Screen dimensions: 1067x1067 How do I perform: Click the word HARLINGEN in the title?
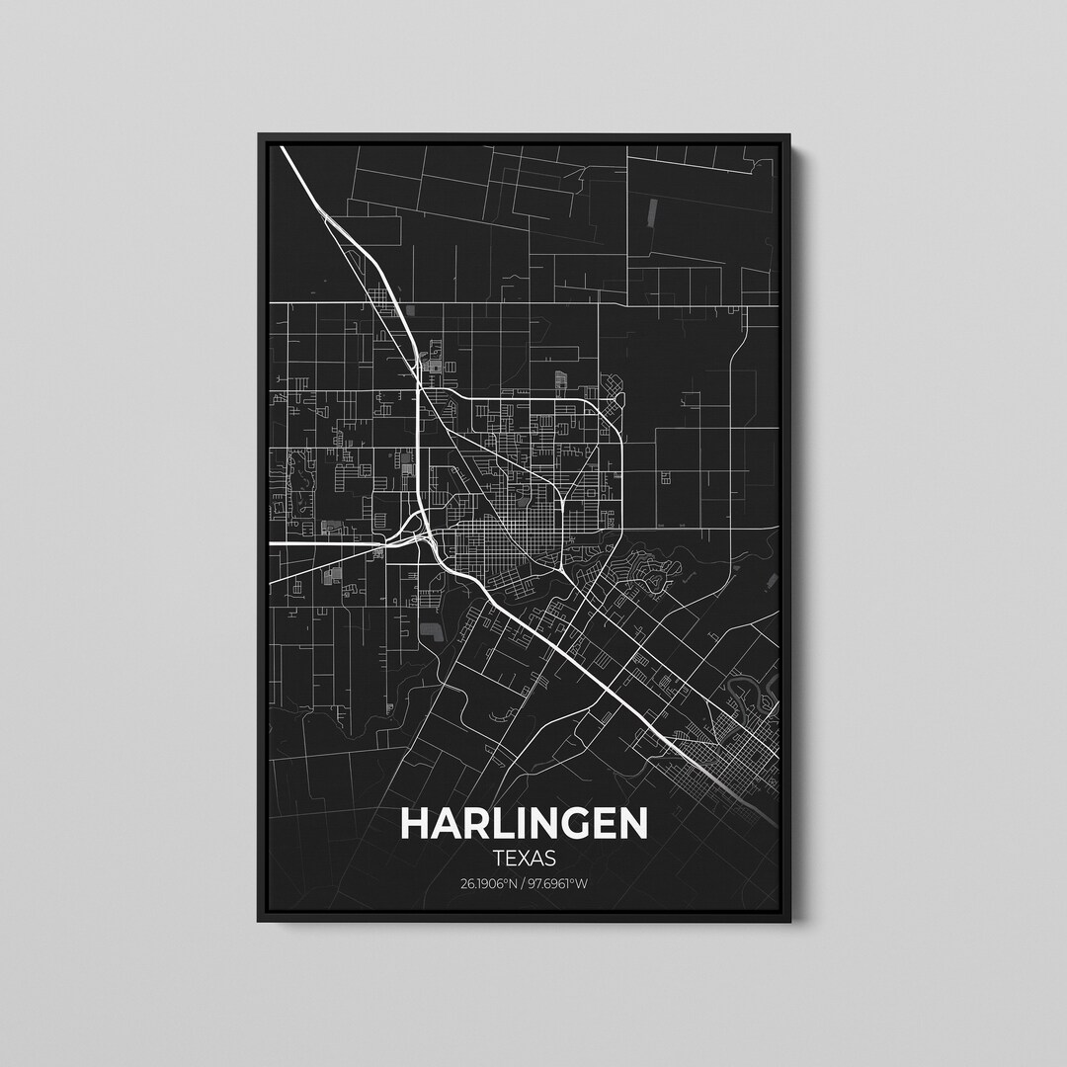click(x=525, y=824)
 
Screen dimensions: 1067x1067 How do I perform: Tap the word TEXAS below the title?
click(x=525, y=860)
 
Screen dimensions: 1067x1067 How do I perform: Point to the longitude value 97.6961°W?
click(x=561, y=883)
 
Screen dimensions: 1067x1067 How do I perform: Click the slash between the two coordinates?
click(x=525, y=883)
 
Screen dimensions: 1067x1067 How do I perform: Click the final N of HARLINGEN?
click(x=633, y=824)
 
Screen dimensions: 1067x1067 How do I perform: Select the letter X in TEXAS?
click(x=525, y=860)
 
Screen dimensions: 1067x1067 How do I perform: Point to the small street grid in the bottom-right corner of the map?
click(x=736, y=751)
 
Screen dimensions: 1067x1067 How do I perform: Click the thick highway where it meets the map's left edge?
click(x=275, y=543)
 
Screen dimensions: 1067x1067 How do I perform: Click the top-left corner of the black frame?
click(x=259, y=135)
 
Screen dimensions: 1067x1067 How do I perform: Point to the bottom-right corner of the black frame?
click(x=790, y=921)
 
